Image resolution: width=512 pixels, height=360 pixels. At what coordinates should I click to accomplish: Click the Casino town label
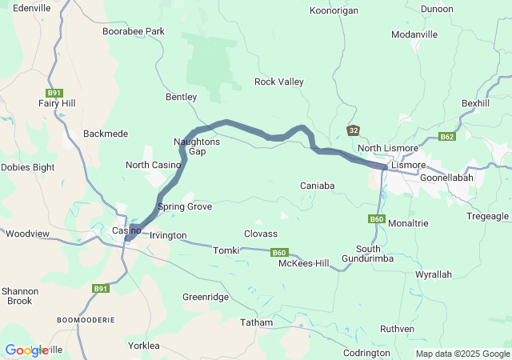tap(126, 231)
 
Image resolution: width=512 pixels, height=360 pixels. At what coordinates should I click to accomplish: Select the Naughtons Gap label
tap(190, 146)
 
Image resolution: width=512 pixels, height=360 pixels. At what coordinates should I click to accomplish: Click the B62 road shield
tap(448, 137)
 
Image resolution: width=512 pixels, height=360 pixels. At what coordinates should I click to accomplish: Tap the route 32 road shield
tap(354, 130)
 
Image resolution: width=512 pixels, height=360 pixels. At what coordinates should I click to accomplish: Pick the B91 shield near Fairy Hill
tap(55, 92)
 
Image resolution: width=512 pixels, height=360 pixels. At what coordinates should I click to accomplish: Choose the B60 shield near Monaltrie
tap(378, 219)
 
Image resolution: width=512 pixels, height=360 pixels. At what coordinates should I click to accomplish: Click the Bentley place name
tap(181, 97)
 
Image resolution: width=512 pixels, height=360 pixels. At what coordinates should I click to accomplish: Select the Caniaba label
tap(317, 186)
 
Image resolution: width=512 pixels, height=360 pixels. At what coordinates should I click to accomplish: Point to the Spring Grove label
tap(185, 206)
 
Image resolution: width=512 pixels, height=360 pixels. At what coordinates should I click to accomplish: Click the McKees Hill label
tap(303, 263)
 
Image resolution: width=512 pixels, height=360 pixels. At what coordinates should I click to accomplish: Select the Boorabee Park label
tap(133, 31)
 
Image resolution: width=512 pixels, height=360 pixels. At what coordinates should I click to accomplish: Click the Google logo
tap(26, 350)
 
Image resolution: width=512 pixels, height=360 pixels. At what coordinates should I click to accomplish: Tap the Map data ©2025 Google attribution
tap(462, 354)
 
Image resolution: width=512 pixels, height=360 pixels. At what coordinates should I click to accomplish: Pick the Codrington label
tap(366, 353)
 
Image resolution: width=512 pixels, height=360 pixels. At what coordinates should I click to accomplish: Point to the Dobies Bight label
tap(27, 167)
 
